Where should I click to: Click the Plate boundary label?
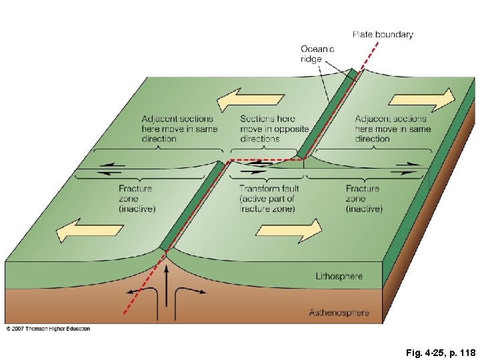tap(382, 35)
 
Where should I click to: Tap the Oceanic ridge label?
tap(317, 53)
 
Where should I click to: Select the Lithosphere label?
tap(339, 275)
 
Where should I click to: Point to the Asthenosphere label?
tap(339, 312)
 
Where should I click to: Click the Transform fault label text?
tap(269, 199)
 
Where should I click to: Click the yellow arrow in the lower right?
tap(287, 231)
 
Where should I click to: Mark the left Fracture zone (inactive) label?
tap(136, 199)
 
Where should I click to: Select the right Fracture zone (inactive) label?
tap(364, 199)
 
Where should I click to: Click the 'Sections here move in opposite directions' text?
tap(274, 129)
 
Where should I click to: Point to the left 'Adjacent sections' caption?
tap(179, 129)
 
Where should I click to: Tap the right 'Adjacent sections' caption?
tap(393, 129)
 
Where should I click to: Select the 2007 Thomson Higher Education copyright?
tap(48, 329)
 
